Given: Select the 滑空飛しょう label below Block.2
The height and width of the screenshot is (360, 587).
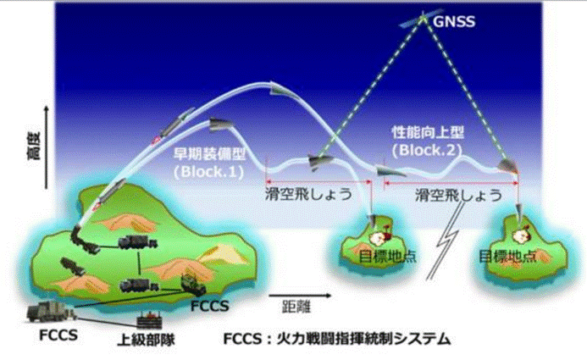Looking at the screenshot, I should [457, 193].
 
